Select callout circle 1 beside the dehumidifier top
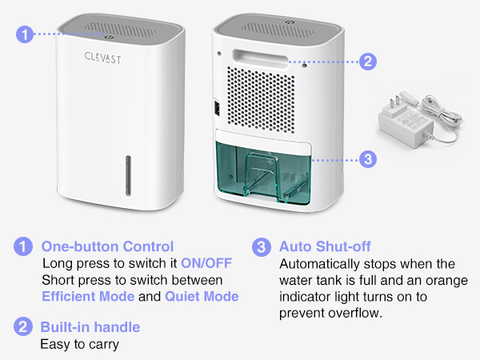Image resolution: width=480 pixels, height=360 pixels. (x=26, y=34)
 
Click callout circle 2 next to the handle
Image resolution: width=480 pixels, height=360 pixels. (x=368, y=61)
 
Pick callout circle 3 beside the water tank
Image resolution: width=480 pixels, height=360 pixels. (x=367, y=158)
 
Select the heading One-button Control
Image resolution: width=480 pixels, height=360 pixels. (x=107, y=246)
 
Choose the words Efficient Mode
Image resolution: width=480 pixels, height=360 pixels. (x=78, y=297)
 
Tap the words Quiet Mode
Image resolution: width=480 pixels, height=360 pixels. (x=202, y=297)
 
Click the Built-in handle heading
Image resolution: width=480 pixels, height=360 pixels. (x=90, y=327)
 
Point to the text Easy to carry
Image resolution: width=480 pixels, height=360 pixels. (x=79, y=344)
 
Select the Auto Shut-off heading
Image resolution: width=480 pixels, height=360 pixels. (x=324, y=246)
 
